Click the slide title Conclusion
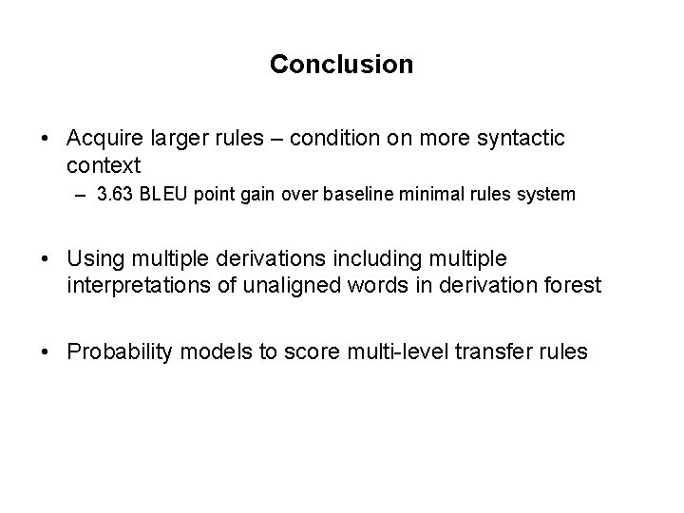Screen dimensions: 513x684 (x=341, y=65)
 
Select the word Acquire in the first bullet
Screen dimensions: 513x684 (x=104, y=140)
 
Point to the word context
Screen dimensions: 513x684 (x=104, y=165)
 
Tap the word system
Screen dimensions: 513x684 (x=549, y=195)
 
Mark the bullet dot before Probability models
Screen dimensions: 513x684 (x=47, y=352)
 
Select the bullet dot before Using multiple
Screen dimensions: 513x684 (x=47, y=258)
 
